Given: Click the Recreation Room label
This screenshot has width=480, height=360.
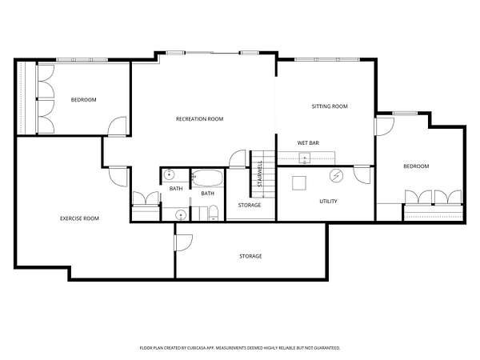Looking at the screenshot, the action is tap(199, 118).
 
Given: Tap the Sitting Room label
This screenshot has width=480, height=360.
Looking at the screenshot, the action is tap(330, 106).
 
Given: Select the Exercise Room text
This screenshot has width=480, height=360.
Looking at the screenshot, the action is tap(79, 218).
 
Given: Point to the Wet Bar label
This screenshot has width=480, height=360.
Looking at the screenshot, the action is tap(308, 143).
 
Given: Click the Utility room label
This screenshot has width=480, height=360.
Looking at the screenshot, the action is tap(328, 201).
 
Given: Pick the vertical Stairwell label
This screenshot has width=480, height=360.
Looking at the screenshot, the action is tap(260, 174).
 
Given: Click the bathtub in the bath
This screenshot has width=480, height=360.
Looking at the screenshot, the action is tap(207, 178).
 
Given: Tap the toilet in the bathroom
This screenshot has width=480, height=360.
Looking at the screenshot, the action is tap(213, 213).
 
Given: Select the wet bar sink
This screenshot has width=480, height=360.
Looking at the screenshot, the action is tap(305, 158).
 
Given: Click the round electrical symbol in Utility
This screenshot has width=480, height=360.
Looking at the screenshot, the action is tap(336, 175).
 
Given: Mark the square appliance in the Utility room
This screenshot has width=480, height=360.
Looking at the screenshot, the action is tap(298, 183).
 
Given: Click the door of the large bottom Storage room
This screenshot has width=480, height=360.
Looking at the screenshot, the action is tap(183, 242).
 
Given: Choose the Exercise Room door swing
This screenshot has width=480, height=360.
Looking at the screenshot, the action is tap(118, 177).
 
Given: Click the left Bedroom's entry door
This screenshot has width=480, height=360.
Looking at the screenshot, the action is tap(117, 126).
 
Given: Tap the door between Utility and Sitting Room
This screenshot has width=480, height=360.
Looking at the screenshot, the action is tap(362, 174).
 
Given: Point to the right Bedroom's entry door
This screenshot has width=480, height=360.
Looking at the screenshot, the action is tap(385, 126).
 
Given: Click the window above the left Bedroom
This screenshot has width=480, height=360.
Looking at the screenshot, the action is tap(82, 60).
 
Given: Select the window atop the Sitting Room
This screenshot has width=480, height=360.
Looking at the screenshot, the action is tap(326, 59).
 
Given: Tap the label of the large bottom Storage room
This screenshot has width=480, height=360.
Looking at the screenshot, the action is tap(250, 256).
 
